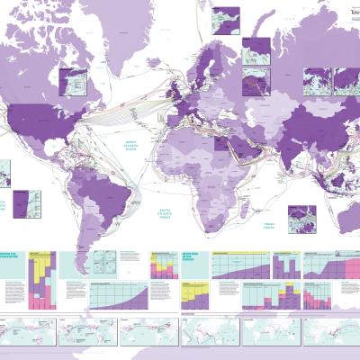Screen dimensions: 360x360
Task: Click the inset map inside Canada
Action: [x=71, y=81]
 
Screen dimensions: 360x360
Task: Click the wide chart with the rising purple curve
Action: [x=117, y=295]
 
